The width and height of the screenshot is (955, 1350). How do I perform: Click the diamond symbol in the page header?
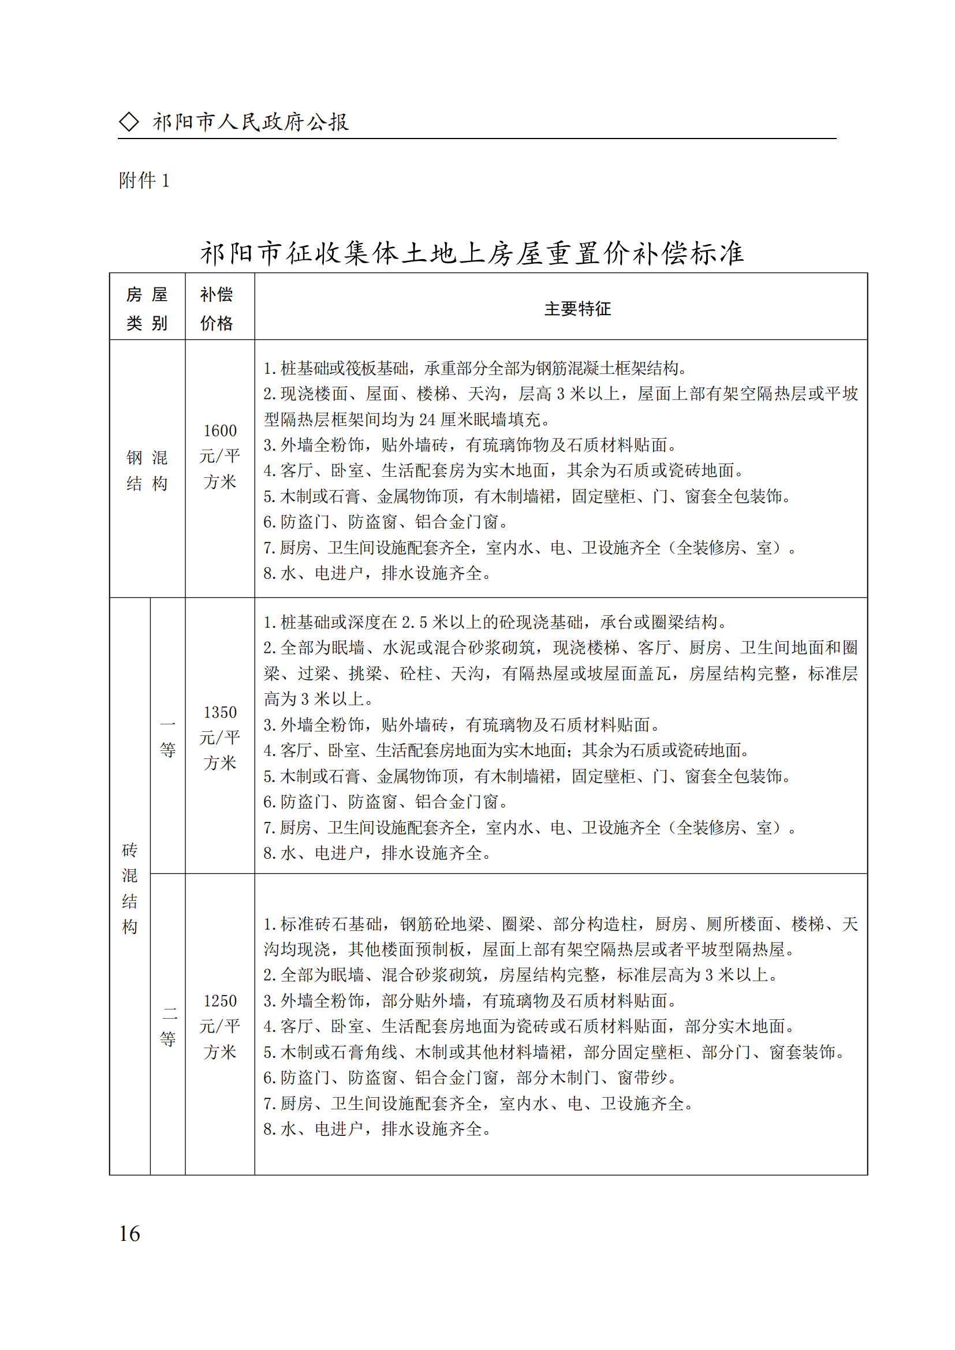[x=129, y=122]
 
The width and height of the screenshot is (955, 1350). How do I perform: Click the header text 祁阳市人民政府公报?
[x=251, y=122]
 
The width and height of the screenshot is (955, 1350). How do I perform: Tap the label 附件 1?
[x=144, y=181]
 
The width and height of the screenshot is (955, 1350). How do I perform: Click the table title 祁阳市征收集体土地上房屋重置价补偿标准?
[x=472, y=253]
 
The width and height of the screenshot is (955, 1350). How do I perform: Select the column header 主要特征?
[x=577, y=309]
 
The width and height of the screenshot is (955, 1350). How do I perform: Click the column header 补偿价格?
[x=217, y=309]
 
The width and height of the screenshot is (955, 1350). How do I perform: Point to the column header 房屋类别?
[x=147, y=309]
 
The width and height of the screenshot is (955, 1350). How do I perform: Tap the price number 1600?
[x=220, y=431]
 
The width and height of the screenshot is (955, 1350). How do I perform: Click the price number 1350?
[x=220, y=712]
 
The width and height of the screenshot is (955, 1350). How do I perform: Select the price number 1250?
[x=220, y=1001]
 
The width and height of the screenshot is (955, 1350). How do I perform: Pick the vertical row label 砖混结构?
[x=129, y=888]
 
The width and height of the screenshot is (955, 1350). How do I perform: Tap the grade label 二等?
[x=167, y=1026]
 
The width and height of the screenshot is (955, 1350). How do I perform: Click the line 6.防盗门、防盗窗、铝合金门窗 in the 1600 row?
[x=386, y=522]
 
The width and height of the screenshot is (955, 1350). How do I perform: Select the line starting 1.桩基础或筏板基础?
[x=475, y=368]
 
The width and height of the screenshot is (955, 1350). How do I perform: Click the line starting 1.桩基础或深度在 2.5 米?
[x=495, y=622]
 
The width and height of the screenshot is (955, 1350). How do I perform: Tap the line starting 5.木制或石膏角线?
[x=553, y=1052]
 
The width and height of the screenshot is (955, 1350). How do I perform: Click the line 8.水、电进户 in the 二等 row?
[x=377, y=1129]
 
